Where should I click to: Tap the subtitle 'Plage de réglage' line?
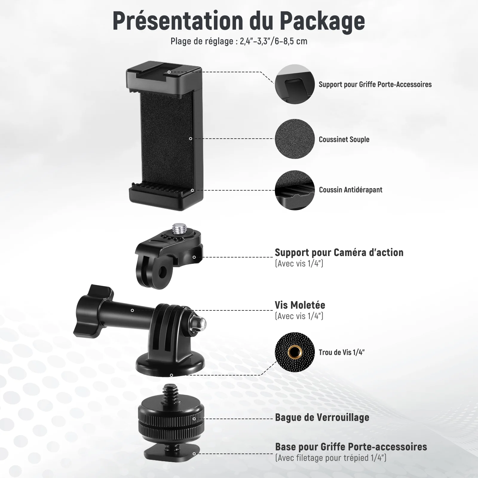(239, 41)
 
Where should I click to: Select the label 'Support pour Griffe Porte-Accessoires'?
(375, 85)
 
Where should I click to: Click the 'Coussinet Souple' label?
(344, 140)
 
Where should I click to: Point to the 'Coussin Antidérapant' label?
(350, 190)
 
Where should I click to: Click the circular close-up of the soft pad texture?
(295, 139)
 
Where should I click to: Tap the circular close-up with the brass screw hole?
(295, 352)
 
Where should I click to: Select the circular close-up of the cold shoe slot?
(295, 84)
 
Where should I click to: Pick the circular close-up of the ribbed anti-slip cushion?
(295, 190)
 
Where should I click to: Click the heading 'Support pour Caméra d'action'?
(339, 253)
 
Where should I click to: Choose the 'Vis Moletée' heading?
(300, 305)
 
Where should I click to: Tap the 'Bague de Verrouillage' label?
(322, 417)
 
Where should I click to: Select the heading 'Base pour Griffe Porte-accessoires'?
(351, 447)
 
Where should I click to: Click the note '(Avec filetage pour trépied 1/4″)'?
(331, 458)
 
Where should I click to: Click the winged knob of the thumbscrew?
(93, 311)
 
